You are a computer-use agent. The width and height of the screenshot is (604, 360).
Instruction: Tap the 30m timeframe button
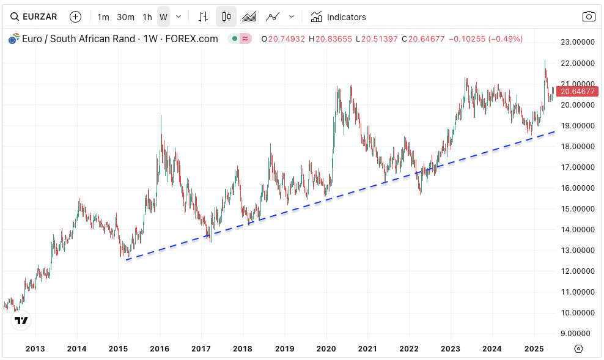pos(125,17)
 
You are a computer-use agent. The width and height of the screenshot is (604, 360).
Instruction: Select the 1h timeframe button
pos(147,17)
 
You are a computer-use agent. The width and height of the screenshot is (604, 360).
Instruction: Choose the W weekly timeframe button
pos(163,17)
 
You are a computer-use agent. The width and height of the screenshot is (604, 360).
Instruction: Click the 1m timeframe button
pos(103,17)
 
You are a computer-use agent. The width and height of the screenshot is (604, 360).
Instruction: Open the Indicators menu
pos(338,17)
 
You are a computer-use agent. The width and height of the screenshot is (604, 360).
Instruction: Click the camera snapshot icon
pos(588,17)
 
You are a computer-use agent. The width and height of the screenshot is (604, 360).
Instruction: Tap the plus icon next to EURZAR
pos(75,17)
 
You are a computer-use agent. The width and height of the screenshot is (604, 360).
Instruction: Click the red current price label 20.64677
pos(578,92)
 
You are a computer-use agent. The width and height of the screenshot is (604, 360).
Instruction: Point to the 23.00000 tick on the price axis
pos(578,42)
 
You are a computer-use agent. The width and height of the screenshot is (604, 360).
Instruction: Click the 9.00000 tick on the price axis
pos(578,334)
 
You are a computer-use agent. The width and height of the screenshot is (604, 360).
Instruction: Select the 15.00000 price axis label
pos(578,209)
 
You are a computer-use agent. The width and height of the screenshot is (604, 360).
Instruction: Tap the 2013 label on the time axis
pos(35,349)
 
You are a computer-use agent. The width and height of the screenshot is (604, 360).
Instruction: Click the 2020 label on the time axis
pos(326,349)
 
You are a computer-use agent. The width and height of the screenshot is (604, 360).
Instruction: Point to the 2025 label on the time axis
pos(534,349)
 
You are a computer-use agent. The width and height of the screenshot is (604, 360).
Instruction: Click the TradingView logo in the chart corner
pos(21,320)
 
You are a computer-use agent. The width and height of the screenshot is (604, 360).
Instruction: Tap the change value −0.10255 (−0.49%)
pos(486,39)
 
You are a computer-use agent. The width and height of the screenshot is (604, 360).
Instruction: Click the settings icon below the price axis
pos(579,349)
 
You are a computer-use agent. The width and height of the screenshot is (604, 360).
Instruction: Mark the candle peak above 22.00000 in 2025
pos(545,61)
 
